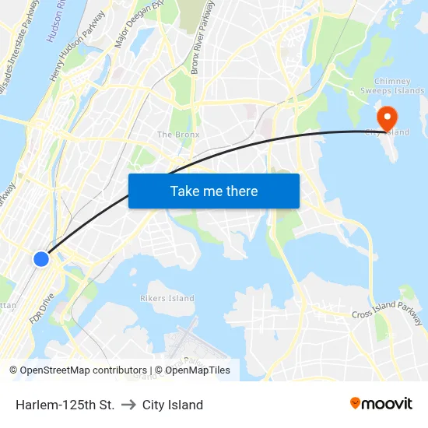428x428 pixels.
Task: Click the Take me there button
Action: tap(214, 191)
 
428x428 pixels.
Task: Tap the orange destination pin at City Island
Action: tap(387, 118)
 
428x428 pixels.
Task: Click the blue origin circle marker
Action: tap(41, 258)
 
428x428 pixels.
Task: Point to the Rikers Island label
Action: tap(167, 298)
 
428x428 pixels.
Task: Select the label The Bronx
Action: tap(178, 135)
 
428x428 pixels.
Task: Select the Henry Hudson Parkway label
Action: tap(78, 53)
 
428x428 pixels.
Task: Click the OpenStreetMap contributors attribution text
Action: tap(82, 370)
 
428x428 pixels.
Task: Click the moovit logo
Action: tap(381, 403)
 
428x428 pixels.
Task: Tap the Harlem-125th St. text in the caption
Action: tap(65, 405)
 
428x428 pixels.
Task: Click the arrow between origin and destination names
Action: tap(128, 405)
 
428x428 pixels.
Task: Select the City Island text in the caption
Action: tap(172, 405)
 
